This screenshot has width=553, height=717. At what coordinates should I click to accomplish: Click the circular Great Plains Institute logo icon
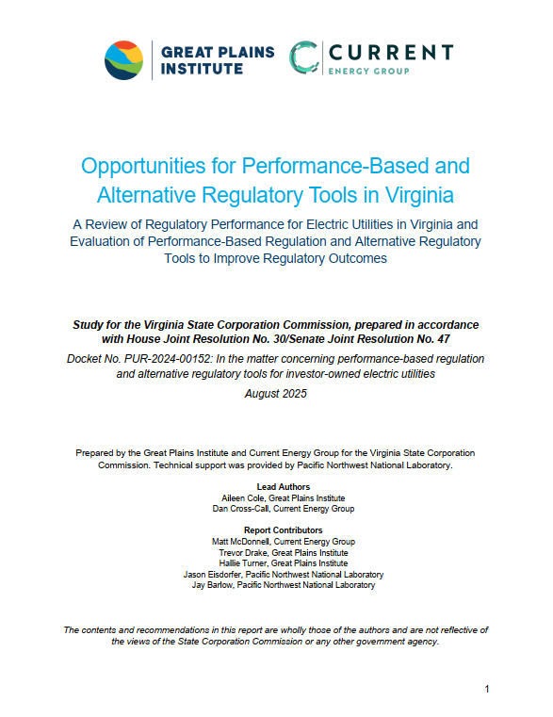(123, 60)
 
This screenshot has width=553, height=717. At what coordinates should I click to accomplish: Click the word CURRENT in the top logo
(390, 51)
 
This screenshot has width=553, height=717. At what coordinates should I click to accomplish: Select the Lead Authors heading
(276, 487)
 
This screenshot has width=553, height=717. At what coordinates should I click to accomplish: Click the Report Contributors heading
(276, 530)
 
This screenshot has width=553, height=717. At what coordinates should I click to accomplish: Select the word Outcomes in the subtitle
(355, 259)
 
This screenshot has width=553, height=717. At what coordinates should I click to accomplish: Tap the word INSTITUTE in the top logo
(200, 69)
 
